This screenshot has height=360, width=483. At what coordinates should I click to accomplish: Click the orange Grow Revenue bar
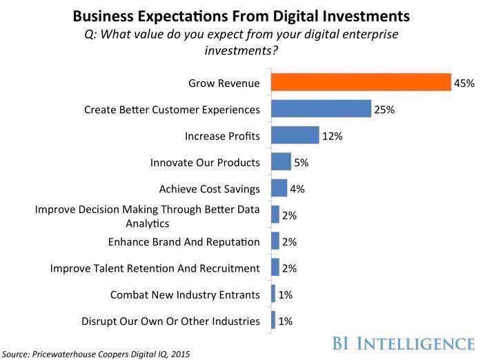click(360, 83)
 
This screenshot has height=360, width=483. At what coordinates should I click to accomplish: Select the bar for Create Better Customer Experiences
click(321, 109)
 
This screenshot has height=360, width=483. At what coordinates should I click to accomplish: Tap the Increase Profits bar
click(295, 136)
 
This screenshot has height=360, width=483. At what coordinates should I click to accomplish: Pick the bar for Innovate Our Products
click(281, 163)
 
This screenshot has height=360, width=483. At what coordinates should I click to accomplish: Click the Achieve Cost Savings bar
click(279, 188)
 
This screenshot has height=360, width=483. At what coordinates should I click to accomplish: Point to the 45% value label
click(464, 83)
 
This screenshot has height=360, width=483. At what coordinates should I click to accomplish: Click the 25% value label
click(384, 110)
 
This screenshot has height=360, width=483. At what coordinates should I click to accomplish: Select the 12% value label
click(333, 136)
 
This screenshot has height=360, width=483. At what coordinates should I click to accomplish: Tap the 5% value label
click(302, 163)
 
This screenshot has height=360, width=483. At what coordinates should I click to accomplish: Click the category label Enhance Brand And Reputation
click(184, 242)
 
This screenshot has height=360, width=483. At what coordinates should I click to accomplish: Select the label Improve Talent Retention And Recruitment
click(155, 268)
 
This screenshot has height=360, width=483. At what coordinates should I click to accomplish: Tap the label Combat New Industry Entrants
click(185, 294)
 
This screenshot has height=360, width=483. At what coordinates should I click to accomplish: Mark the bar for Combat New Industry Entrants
click(273, 294)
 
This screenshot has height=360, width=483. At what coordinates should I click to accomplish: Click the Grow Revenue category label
click(224, 83)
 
